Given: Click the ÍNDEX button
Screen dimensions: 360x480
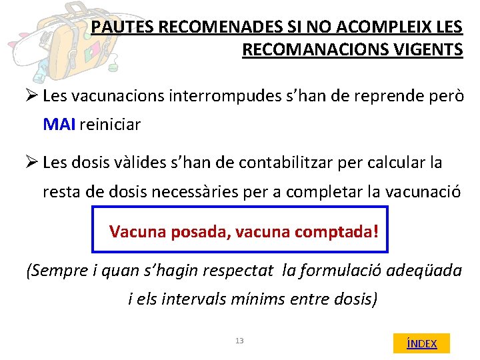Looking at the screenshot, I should (421, 343).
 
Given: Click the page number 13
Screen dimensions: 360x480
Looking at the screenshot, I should (239, 341).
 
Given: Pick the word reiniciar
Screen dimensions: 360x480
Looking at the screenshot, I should (110, 125).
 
